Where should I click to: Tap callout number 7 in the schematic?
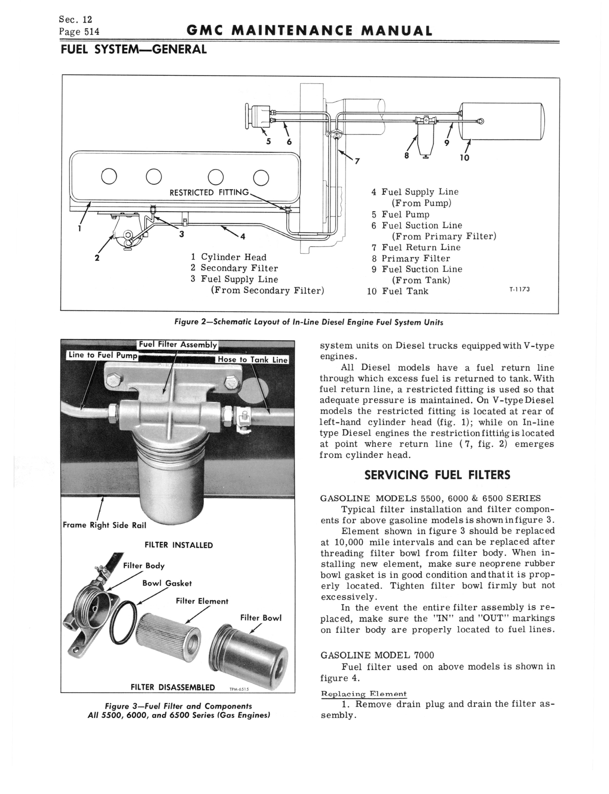click(x=357, y=161)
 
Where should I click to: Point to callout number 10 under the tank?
click(x=464, y=157)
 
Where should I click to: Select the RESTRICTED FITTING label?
click(x=209, y=192)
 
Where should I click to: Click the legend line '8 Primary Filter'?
click(x=411, y=258)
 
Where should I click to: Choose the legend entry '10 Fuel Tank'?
click(x=398, y=291)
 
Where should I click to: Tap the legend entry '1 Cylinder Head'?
click(x=229, y=257)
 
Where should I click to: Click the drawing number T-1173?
click(x=519, y=289)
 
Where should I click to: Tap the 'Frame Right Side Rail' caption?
click(x=104, y=525)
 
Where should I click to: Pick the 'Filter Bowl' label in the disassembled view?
click(x=261, y=618)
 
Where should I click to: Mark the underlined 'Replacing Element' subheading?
click(x=364, y=694)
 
